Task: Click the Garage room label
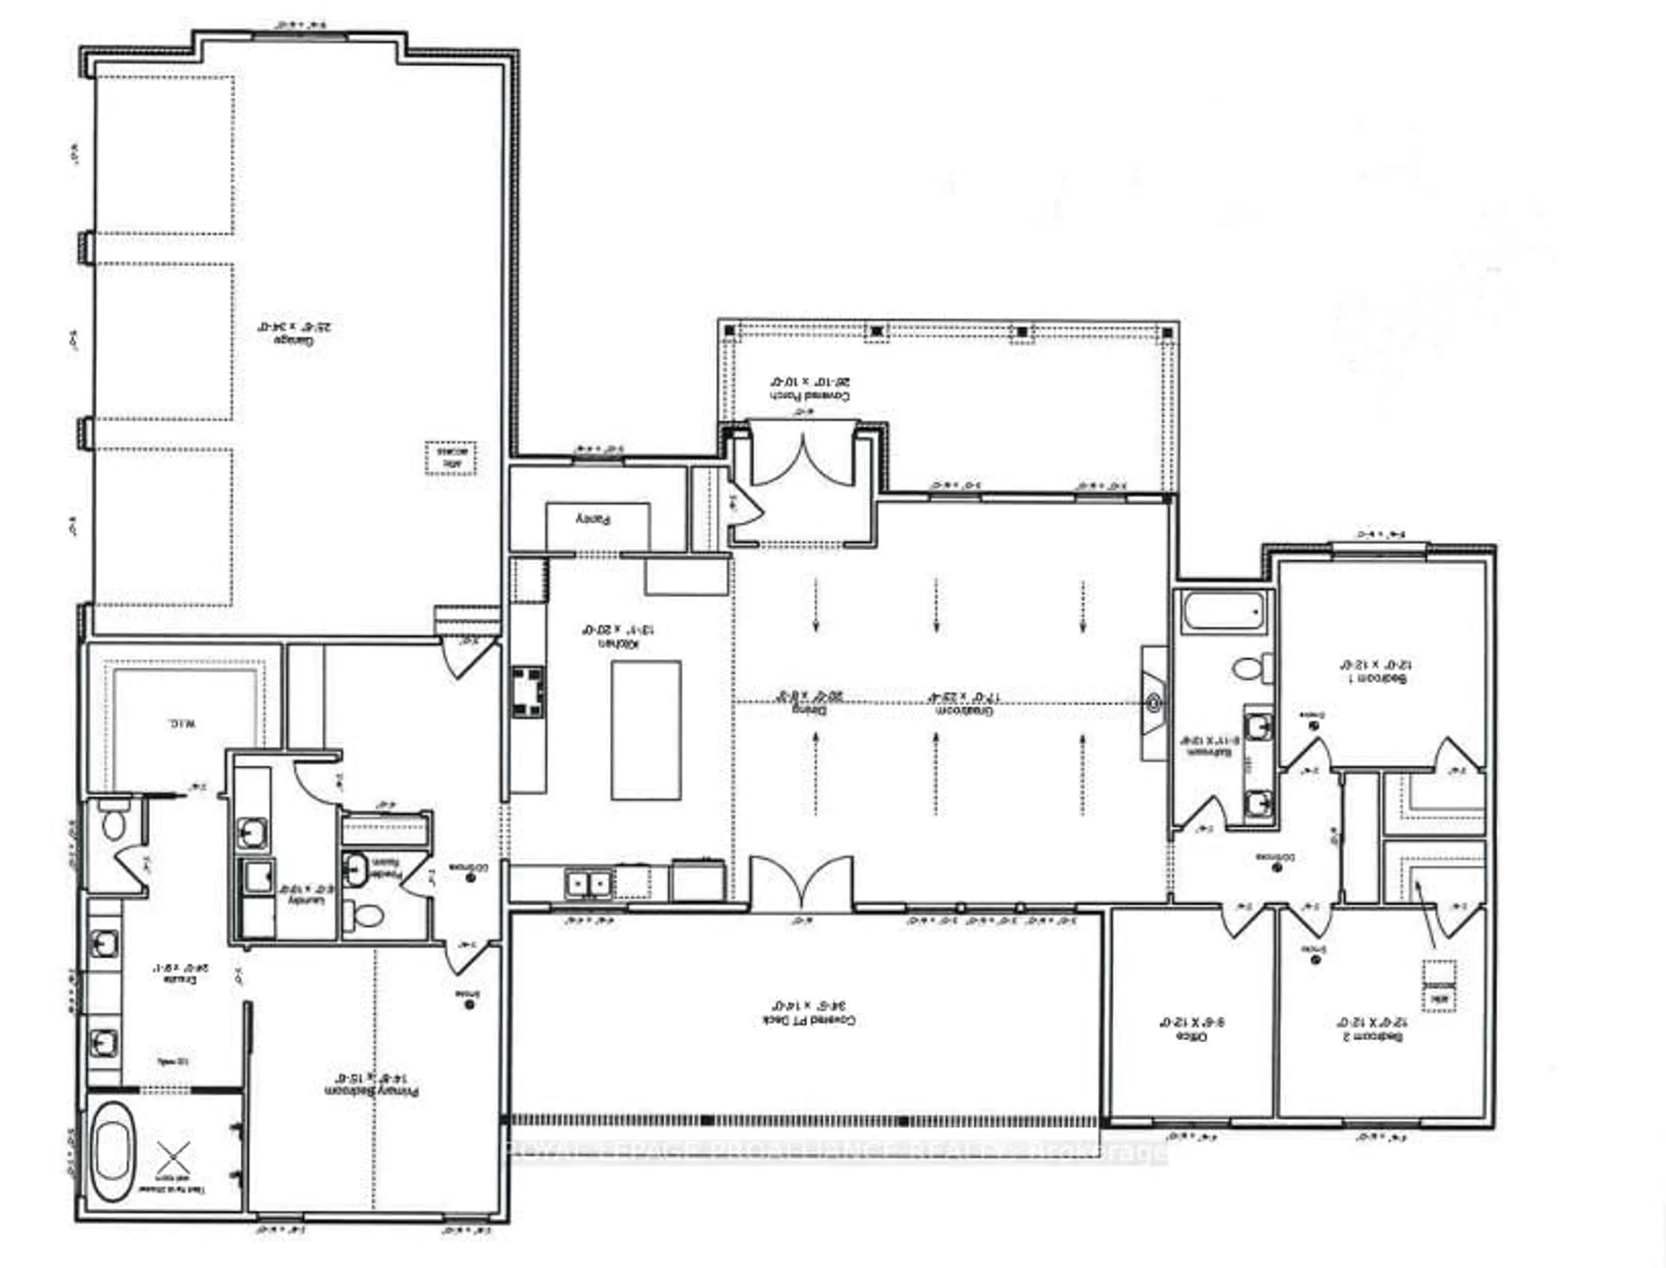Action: click(296, 333)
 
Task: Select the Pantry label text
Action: click(593, 519)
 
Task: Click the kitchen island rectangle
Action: click(646, 730)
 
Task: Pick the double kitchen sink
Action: click(589, 883)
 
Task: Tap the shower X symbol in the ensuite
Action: click(174, 1159)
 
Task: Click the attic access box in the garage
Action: click(450, 457)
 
